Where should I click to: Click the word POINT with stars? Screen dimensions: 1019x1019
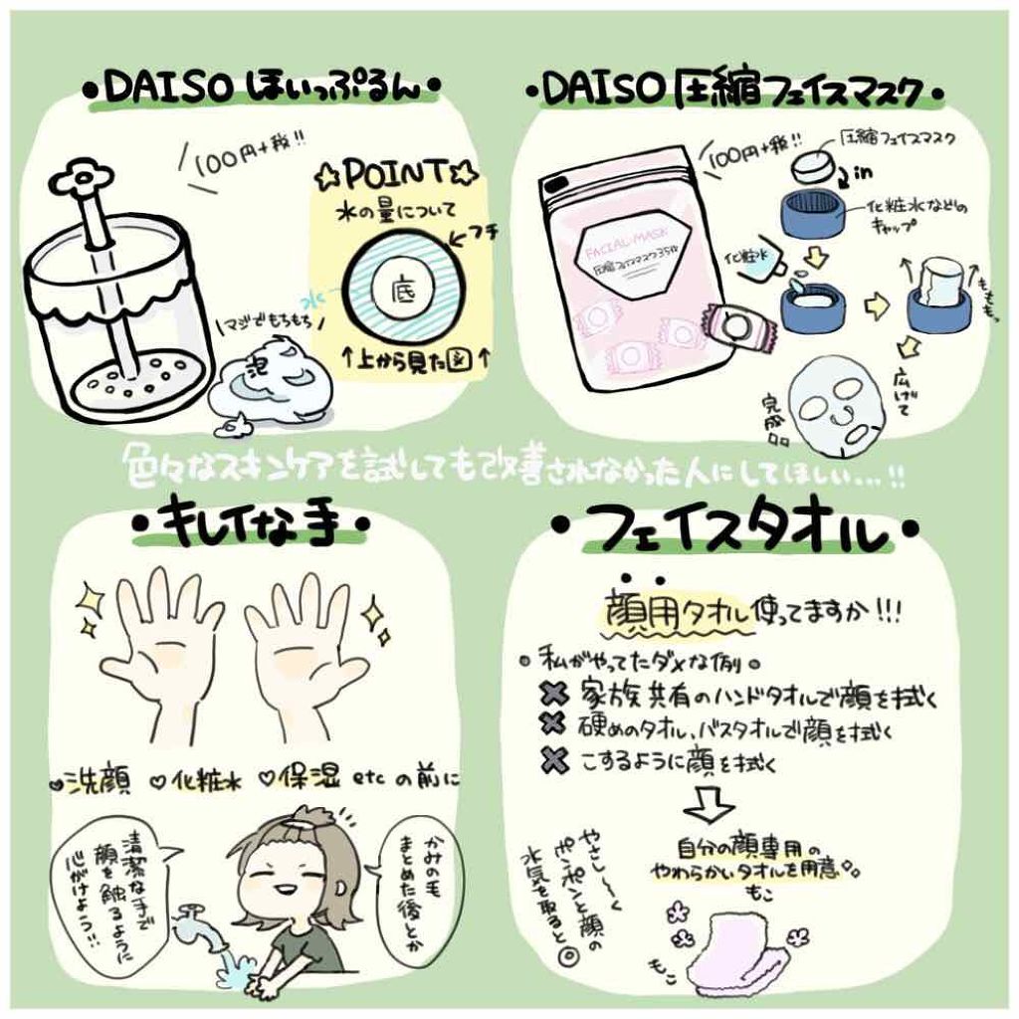click(399, 176)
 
